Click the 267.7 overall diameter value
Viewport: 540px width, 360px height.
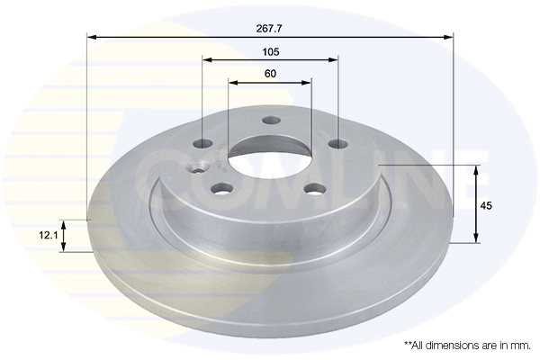[270, 28]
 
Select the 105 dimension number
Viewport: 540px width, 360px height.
[270, 51]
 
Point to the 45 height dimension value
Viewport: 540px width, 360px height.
[486, 206]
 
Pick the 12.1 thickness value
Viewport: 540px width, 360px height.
[48, 236]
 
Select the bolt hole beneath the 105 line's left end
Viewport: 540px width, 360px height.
[204, 144]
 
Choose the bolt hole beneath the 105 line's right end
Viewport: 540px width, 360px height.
[337, 144]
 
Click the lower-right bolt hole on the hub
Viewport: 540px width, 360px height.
[314, 188]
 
